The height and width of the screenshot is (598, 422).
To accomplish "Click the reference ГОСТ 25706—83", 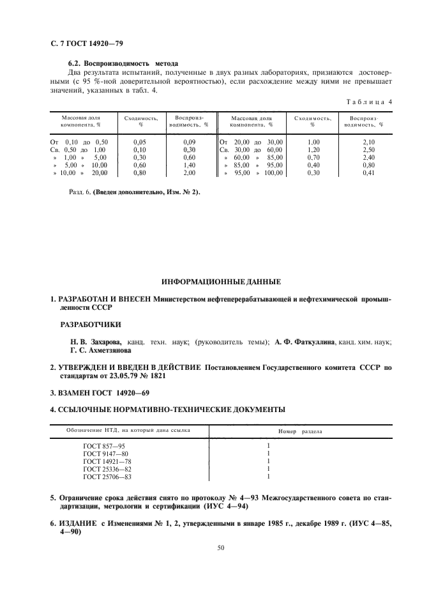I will coord(108,476).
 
